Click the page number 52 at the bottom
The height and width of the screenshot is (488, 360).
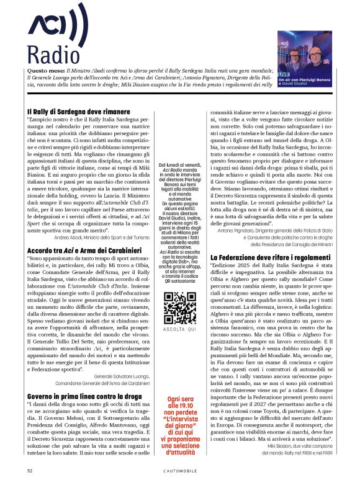[30, 471]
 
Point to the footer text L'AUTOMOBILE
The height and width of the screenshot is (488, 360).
[179, 471]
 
